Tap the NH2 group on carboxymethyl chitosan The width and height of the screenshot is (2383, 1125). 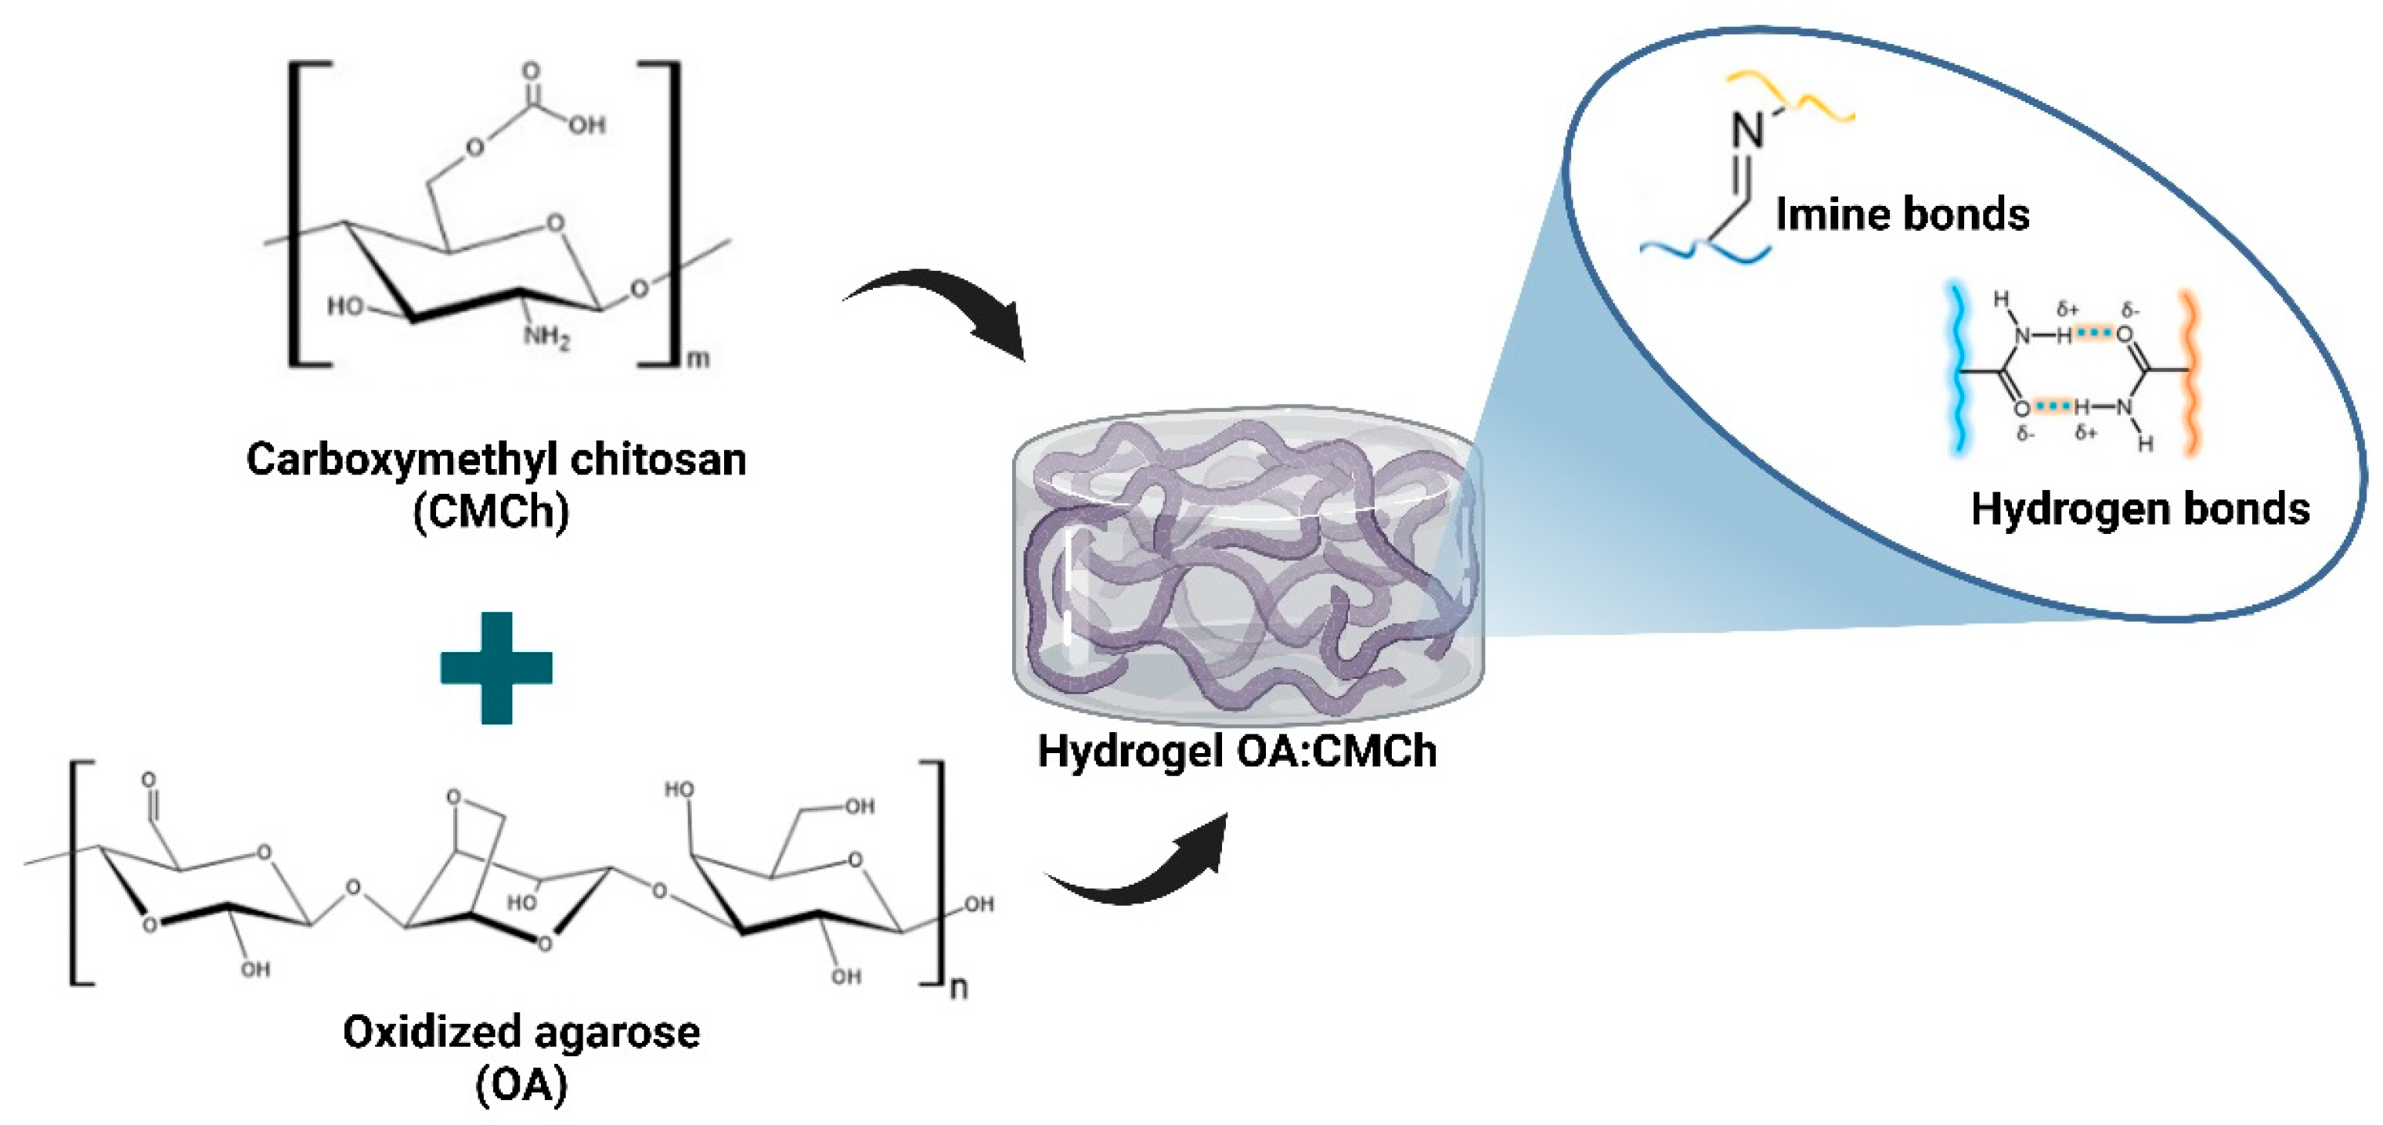tap(546, 336)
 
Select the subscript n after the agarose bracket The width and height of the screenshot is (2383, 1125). tap(959, 987)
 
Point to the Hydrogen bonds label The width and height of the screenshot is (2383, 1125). tap(2140, 509)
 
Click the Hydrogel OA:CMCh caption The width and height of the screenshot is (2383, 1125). tap(1237, 750)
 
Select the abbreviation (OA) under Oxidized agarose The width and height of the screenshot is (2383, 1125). tap(521, 1084)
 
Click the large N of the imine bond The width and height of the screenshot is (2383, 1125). tap(1747, 132)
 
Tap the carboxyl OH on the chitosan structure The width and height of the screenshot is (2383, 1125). tap(586, 124)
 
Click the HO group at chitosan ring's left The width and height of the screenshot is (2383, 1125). tap(346, 306)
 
